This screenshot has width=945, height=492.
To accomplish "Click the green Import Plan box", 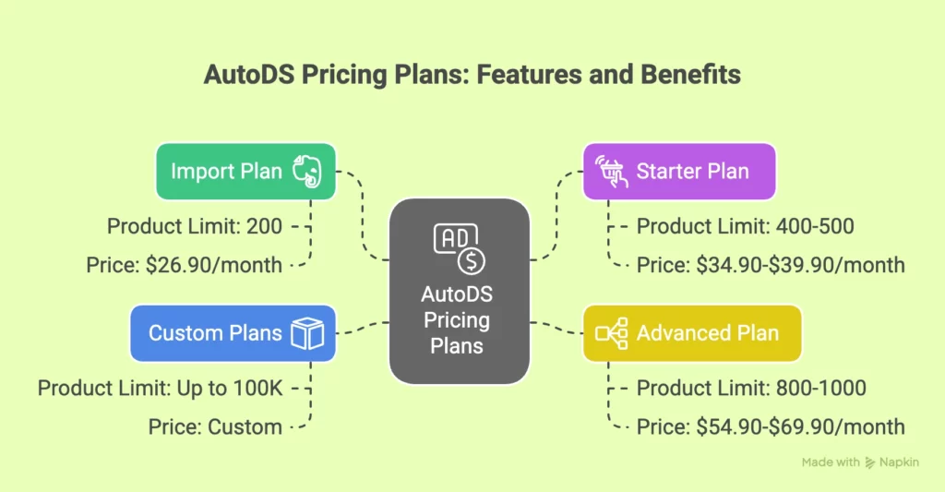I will (x=245, y=172).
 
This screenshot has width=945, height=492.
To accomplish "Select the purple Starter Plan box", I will (x=678, y=172).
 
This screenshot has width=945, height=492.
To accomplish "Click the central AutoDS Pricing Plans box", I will (x=459, y=291).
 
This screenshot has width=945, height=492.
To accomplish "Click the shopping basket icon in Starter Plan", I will (x=609, y=172).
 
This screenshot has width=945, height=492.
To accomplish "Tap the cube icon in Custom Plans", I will (x=306, y=332).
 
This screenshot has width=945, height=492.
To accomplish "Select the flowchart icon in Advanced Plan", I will (x=611, y=332).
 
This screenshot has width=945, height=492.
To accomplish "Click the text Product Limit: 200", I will (x=195, y=226).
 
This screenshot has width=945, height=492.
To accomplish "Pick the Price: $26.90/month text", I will (x=185, y=265).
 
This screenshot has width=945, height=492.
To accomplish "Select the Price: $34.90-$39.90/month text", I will (x=771, y=265).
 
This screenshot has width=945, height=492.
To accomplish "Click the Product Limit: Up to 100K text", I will (x=159, y=388).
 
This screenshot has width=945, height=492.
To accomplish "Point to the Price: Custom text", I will (x=215, y=426).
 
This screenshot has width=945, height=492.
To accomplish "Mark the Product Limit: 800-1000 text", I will (x=751, y=388).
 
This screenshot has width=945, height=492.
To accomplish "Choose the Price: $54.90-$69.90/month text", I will (x=771, y=426).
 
